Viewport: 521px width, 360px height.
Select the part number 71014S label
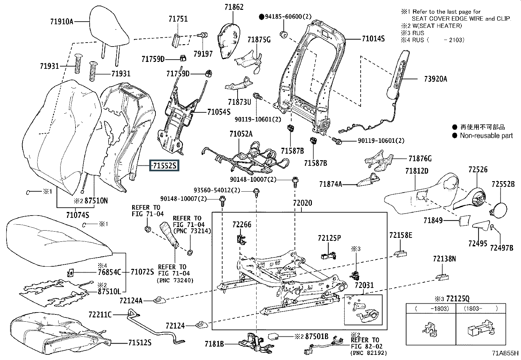point(373,39)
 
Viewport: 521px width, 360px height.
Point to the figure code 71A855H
point(505,353)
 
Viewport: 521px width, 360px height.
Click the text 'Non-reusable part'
point(486,135)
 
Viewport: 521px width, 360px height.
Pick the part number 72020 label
point(302,203)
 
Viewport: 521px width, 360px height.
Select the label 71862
point(234,7)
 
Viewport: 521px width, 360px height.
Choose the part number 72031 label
point(364,286)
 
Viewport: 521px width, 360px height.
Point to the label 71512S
point(140,343)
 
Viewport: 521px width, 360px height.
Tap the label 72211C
point(100,314)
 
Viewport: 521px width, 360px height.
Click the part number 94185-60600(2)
point(288,16)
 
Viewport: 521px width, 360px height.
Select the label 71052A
point(241,134)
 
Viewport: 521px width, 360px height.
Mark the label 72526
point(478,169)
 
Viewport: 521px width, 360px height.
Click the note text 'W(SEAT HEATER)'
point(437,26)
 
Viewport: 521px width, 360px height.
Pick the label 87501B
point(316,336)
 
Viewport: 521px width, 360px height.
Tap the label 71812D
point(417,171)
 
